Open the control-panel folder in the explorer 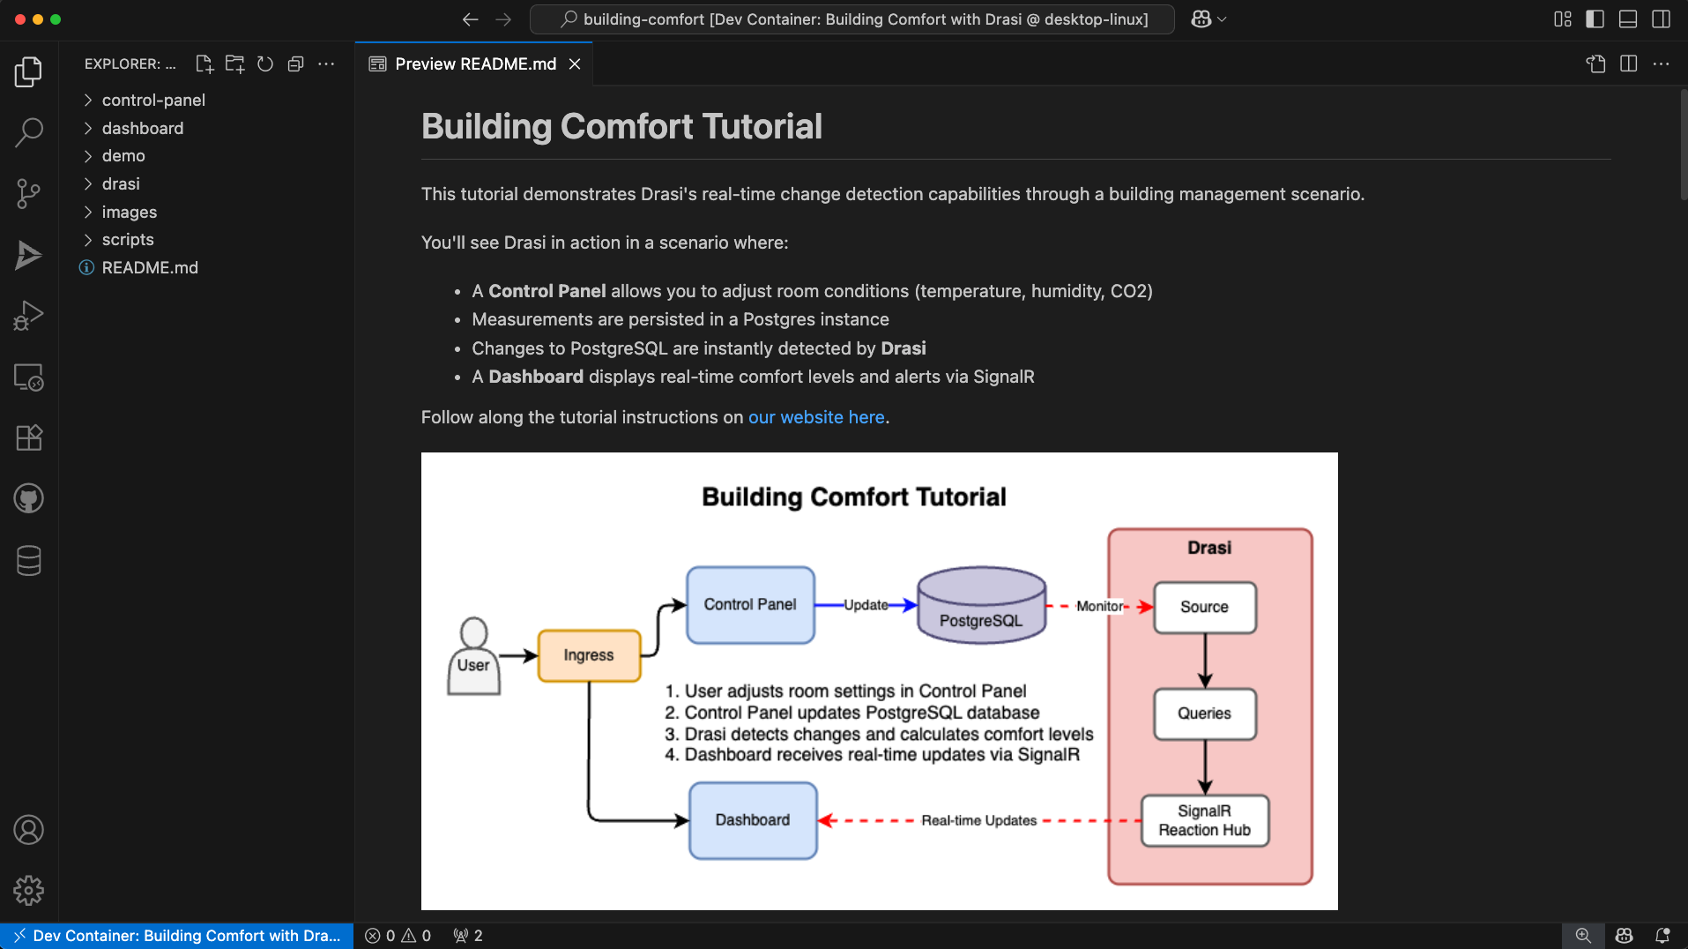(x=152, y=101)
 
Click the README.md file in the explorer (x=149, y=267)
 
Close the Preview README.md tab (x=575, y=64)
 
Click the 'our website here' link (x=815, y=417)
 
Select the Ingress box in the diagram (x=589, y=655)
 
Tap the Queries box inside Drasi (x=1204, y=714)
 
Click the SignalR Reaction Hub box (x=1204, y=821)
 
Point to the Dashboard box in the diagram (x=752, y=820)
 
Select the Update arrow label (x=866, y=605)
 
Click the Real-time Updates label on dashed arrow (x=978, y=820)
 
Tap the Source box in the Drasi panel (x=1204, y=607)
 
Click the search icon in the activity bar (x=28, y=132)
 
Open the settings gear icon (x=28, y=890)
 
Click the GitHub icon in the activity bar (x=28, y=499)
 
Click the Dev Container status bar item (x=176, y=936)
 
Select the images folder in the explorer (x=129, y=212)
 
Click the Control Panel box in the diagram (x=750, y=605)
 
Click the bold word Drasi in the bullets (x=903, y=348)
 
